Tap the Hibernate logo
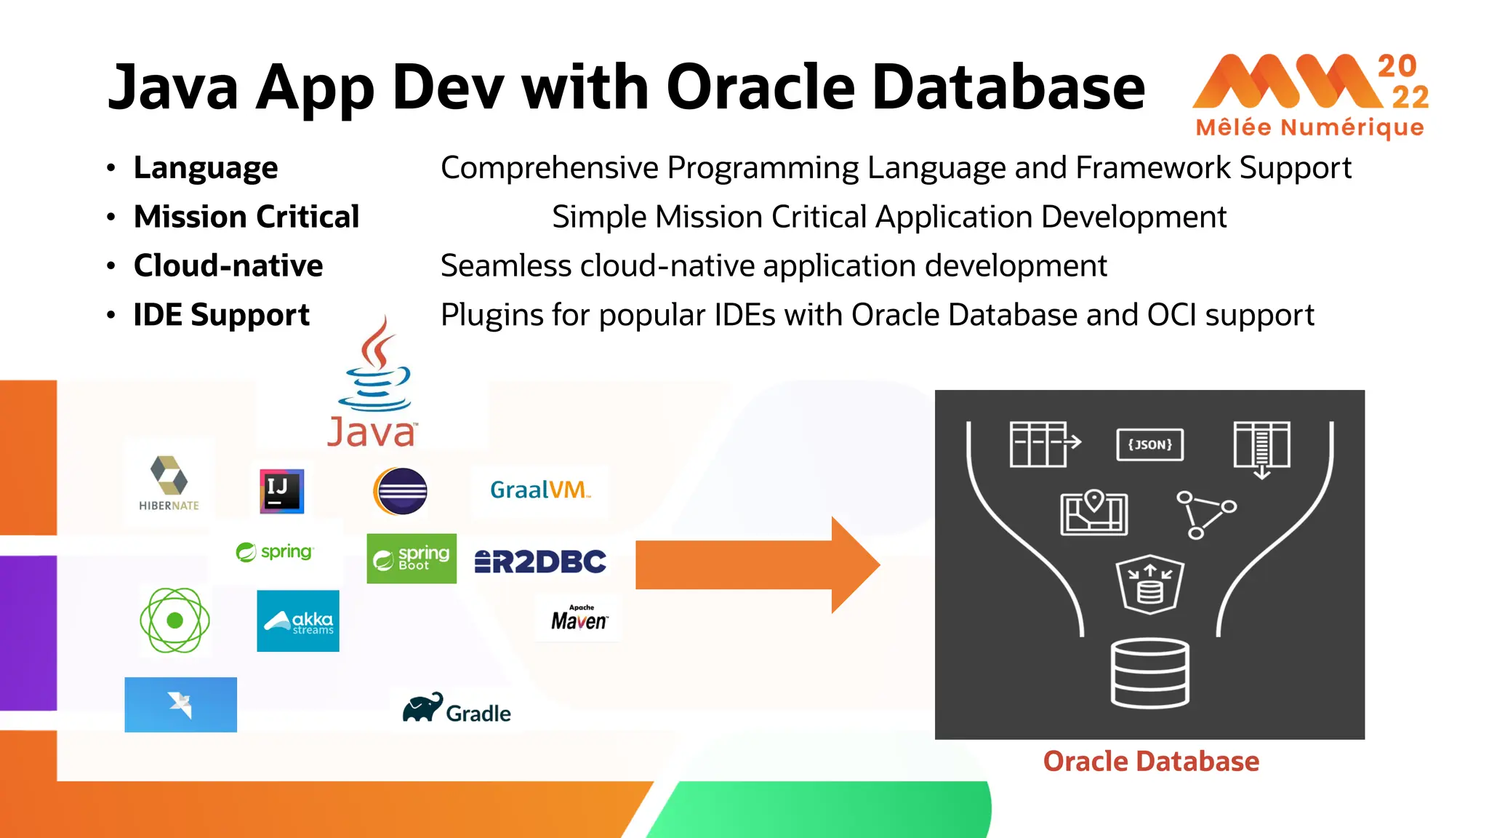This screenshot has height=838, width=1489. (x=169, y=482)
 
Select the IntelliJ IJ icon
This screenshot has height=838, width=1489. (x=282, y=491)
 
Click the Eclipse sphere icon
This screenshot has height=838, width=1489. (x=401, y=491)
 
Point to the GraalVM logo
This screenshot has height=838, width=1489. (x=539, y=490)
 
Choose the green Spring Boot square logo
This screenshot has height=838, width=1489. (x=412, y=559)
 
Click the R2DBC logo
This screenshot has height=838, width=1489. (x=540, y=562)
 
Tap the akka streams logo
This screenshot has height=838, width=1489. (x=298, y=620)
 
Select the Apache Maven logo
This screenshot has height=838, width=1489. (x=579, y=618)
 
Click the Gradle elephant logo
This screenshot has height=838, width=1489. (x=457, y=709)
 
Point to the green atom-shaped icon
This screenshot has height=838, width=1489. (x=174, y=620)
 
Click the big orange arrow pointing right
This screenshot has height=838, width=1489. (x=756, y=564)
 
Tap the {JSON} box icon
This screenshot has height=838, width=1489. (x=1149, y=444)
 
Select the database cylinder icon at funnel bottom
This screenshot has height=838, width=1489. (x=1149, y=673)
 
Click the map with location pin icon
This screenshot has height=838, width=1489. (x=1093, y=513)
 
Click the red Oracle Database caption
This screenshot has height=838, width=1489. (x=1150, y=761)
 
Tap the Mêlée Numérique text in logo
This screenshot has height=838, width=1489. (x=1309, y=128)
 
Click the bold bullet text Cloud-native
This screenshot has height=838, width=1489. (x=228, y=266)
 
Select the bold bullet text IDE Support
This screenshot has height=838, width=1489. (x=222, y=315)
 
